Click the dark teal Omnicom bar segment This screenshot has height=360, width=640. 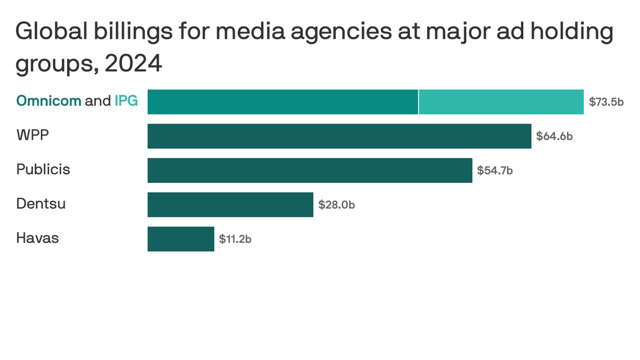(283, 102)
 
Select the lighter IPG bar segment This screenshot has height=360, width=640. (501, 102)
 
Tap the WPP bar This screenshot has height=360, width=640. (339, 136)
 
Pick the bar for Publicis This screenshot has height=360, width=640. (310, 170)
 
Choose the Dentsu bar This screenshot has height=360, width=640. (230, 204)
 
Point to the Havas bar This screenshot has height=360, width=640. (181, 239)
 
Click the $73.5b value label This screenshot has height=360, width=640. (606, 102)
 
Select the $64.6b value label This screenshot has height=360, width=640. (554, 136)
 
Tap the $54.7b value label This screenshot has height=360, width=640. (495, 171)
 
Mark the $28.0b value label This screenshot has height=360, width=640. (336, 205)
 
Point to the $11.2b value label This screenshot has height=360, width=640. (235, 239)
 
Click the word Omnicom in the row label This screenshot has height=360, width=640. (49, 101)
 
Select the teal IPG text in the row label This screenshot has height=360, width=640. (126, 101)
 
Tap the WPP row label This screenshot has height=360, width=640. (33, 135)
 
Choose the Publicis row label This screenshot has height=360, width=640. (43, 169)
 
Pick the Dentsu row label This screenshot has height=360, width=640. (41, 203)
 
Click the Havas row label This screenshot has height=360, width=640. (37, 238)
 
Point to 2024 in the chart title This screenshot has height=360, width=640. (134, 64)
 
